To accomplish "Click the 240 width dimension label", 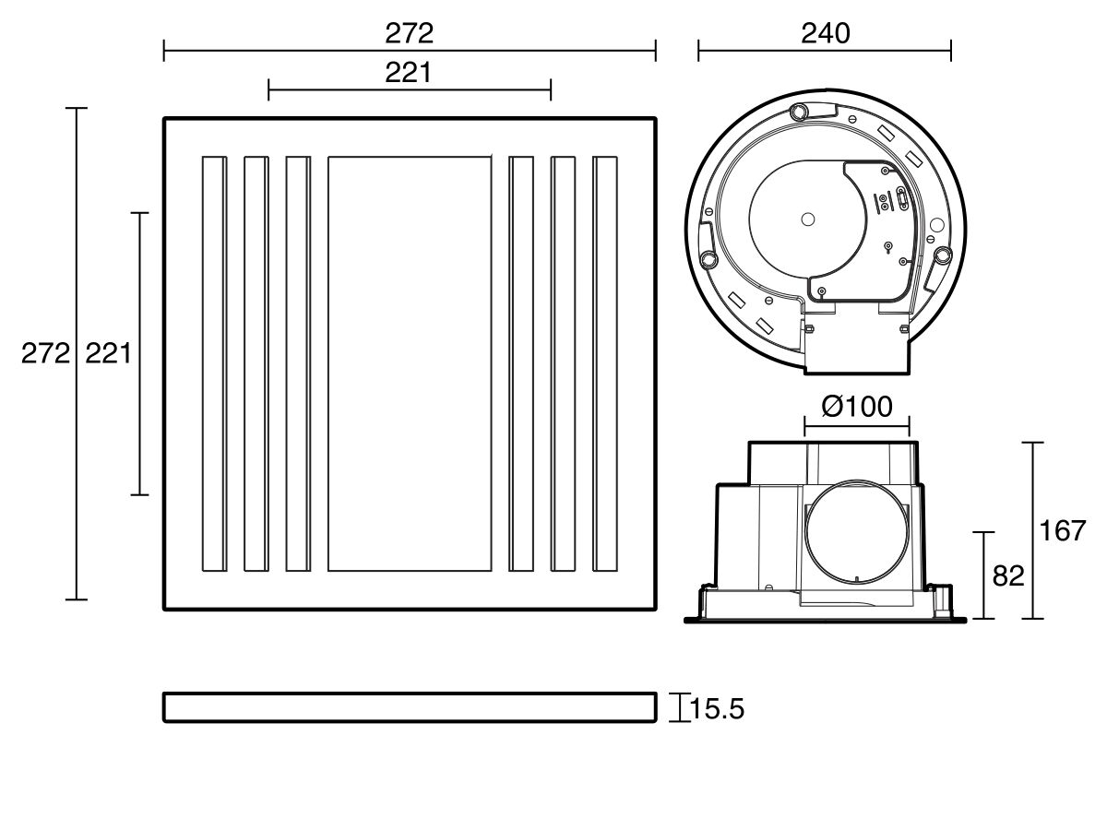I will [x=824, y=34].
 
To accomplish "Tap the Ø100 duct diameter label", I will [x=856, y=407].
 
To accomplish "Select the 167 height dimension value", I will [x=1062, y=531].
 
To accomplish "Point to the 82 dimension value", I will [x=1008, y=575].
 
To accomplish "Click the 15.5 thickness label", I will [x=717, y=709].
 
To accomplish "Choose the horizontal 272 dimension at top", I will [x=409, y=34].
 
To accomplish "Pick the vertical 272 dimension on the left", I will [x=45, y=353].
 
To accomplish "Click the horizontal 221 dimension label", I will [x=409, y=74].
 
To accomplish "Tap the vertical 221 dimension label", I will [x=108, y=353].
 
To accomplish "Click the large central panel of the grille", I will [x=409, y=363].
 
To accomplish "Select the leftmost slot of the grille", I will [x=213, y=363].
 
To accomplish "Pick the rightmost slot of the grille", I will [x=605, y=363].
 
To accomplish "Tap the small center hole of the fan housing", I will [x=808, y=219].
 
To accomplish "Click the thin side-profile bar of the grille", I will [x=409, y=707].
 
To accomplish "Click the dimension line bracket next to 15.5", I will [x=680, y=708].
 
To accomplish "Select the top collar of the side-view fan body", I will [x=833, y=461].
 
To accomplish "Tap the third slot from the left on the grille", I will [x=297, y=363].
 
